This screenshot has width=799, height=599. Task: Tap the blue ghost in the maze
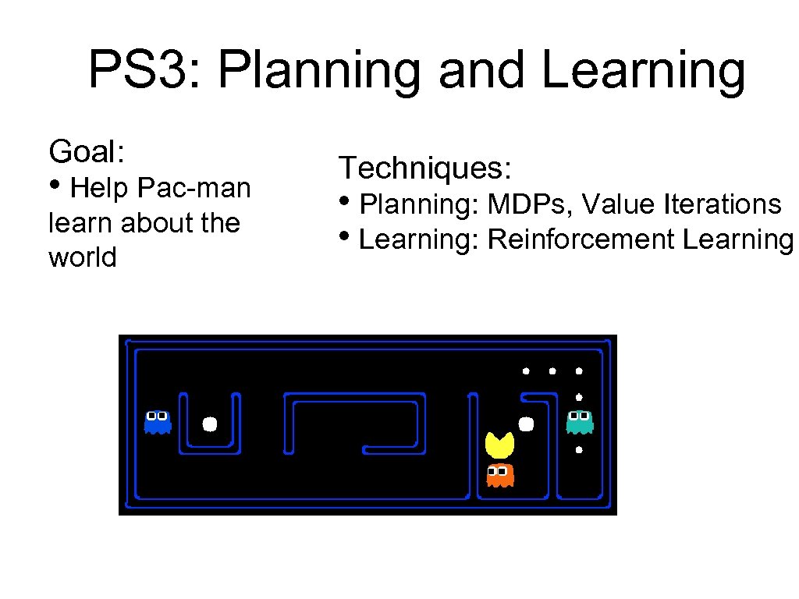click(x=158, y=422)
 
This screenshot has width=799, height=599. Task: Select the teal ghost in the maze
click(x=579, y=422)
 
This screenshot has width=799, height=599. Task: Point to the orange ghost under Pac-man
click(x=499, y=474)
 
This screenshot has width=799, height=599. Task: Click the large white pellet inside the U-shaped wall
click(x=209, y=424)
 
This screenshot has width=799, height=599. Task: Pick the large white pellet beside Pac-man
click(x=526, y=424)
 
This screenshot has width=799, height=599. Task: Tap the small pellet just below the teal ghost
click(x=578, y=450)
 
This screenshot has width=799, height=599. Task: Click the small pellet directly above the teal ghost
click(x=578, y=397)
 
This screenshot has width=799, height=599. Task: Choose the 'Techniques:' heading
click(x=424, y=167)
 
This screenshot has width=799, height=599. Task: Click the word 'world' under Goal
click(x=82, y=257)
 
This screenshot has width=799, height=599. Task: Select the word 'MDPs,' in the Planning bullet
click(x=531, y=204)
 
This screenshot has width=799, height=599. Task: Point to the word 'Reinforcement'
click(x=581, y=239)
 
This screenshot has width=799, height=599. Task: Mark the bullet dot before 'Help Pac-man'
click(x=56, y=187)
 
